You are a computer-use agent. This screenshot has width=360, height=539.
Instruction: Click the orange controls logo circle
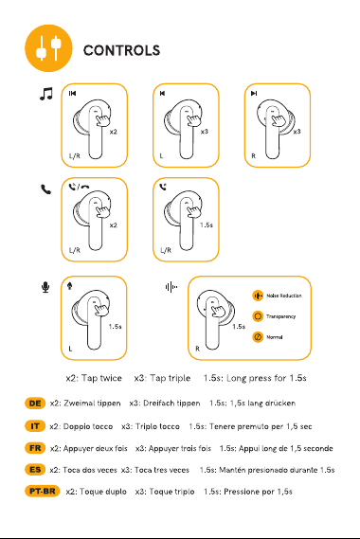click(x=49, y=48)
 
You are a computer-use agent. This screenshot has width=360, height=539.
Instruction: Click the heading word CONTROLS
click(x=121, y=50)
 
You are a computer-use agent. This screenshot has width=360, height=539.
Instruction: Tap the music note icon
click(x=46, y=94)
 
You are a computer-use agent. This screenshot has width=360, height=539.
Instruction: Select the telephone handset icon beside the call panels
click(x=45, y=189)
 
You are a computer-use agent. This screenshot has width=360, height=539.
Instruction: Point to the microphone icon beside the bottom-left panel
click(x=45, y=287)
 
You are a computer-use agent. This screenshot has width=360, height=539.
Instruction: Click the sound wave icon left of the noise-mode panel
click(x=171, y=287)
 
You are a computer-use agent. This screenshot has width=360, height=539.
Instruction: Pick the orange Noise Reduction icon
click(x=258, y=296)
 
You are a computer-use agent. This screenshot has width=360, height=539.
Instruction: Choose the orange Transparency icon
click(x=258, y=316)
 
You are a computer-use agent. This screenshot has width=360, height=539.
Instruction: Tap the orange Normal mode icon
click(x=258, y=337)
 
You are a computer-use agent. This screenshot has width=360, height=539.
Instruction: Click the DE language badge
click(x=35, y=404)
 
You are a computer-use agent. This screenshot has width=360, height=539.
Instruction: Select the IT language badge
click(x=35, y=426)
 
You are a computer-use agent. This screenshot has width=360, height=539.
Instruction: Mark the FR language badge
click(x=35, y=448)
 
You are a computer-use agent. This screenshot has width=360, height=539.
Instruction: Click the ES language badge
click(x=35, y=470)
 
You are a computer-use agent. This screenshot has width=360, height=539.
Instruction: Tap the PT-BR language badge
click(x=43, y=492)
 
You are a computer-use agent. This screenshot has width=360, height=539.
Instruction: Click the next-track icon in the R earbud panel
click(x=254, y=93)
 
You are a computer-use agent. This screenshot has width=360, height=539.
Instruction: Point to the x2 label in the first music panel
click(x=113, y=132)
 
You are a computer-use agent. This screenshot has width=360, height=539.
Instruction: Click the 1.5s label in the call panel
click(x=207, y=225)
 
